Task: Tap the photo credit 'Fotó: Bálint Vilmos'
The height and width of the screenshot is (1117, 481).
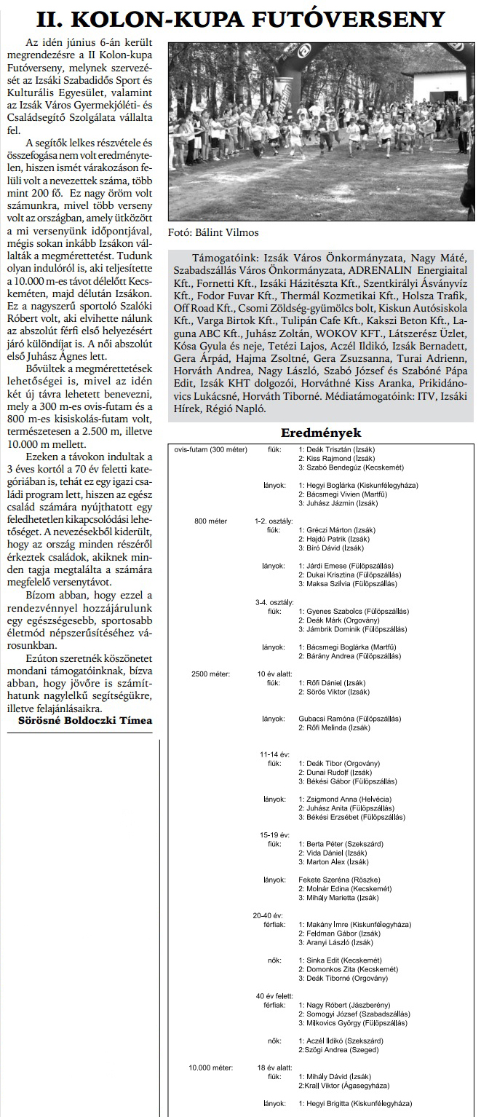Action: [x=212, y=233]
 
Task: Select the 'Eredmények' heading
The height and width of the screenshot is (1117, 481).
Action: [x=321, y=433]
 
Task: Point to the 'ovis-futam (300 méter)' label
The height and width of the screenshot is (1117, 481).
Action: [x=211, y=449]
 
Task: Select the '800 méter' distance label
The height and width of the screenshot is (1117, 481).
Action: [x=212, y=521]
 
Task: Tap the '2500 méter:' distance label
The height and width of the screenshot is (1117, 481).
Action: [x=210, y=674]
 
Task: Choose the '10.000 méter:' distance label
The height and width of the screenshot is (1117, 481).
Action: [x=211, y=1067]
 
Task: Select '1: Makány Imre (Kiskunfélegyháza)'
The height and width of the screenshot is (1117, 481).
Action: [x=354, y=924]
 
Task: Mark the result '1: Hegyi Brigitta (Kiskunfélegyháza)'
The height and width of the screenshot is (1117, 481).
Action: [x=354, y=1103]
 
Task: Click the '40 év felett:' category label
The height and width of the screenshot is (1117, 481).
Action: [x=274, y=995]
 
